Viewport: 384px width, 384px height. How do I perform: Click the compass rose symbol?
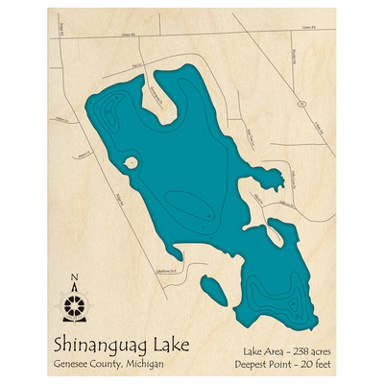[x=75, y=306]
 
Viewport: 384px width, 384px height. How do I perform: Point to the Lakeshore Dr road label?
[x=169, y=270]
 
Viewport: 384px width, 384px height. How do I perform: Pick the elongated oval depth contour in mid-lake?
[x=187, y=204]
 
